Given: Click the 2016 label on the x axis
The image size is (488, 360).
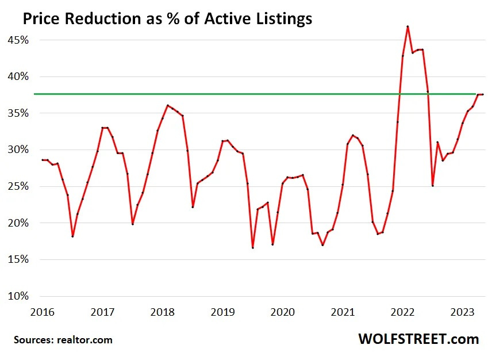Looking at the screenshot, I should pos(42,313).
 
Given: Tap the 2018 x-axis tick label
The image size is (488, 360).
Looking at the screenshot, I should pos(162,313).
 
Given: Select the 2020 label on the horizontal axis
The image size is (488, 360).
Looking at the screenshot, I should pos(282,313).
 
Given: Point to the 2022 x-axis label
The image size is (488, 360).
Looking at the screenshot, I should pos(402,313).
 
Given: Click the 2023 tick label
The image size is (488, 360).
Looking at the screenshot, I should pos(462,313).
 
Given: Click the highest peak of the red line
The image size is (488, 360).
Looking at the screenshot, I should pos(408,26).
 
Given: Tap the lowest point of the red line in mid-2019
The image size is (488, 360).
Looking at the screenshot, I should pos(252,248).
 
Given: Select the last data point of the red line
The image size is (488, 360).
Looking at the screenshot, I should pos(483,94).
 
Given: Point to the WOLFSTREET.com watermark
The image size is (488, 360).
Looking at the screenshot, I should pos(418,339).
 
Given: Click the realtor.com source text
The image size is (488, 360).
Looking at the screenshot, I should pos(84,340).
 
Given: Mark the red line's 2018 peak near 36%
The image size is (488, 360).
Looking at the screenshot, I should pos(167,105).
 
